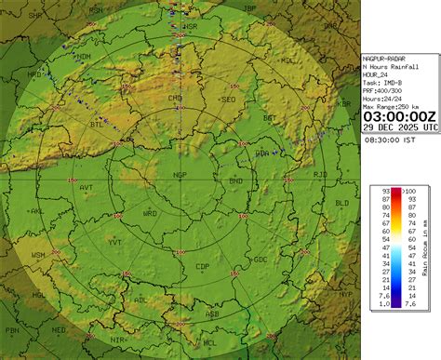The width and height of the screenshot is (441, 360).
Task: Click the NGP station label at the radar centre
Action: [x=180, y=174]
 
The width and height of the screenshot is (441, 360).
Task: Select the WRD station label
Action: [x=150, y=213]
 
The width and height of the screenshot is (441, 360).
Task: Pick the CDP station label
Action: [x=202, y=267]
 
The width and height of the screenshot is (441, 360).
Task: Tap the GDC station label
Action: [x=261, y=259]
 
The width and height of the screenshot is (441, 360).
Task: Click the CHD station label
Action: [x=174, y=97]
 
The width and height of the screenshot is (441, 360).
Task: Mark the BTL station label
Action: [x=97, y=124]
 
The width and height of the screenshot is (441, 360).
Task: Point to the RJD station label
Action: [x=320, y=174]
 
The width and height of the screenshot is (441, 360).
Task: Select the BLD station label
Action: [x=342, y=202]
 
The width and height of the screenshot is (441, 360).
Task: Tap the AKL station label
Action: [x=37, y=211]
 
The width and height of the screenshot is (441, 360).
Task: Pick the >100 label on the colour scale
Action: [x=408, y=191]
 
